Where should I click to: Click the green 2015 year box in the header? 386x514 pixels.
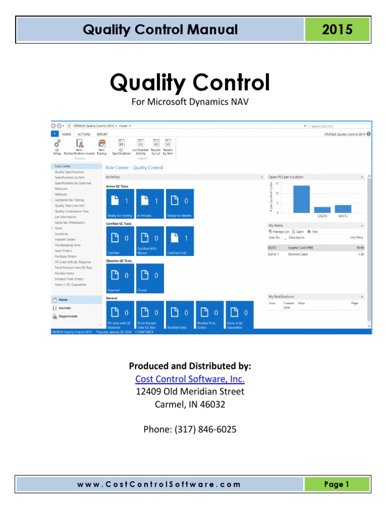point(337,30)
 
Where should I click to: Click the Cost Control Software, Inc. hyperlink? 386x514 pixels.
point(190,378)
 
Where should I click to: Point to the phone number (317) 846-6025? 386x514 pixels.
point(190,429)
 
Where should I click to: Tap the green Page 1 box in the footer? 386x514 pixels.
point(337,484)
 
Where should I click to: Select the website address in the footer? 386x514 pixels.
point(159,484)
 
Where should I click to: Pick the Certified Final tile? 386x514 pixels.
point(179,241)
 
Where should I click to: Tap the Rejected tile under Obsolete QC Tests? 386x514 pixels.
point(120,279)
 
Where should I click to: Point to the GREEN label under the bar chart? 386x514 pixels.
point(322,216)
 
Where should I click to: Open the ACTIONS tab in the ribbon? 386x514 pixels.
point(84,135)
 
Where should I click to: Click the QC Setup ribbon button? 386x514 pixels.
point(57,147)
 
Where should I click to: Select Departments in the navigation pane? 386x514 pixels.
point(68,316)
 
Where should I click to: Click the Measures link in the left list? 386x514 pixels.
point(61,189)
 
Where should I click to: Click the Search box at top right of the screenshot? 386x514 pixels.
point(339,125)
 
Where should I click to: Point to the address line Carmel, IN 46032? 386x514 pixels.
point(190,404)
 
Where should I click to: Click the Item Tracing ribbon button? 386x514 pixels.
point(102,147)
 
